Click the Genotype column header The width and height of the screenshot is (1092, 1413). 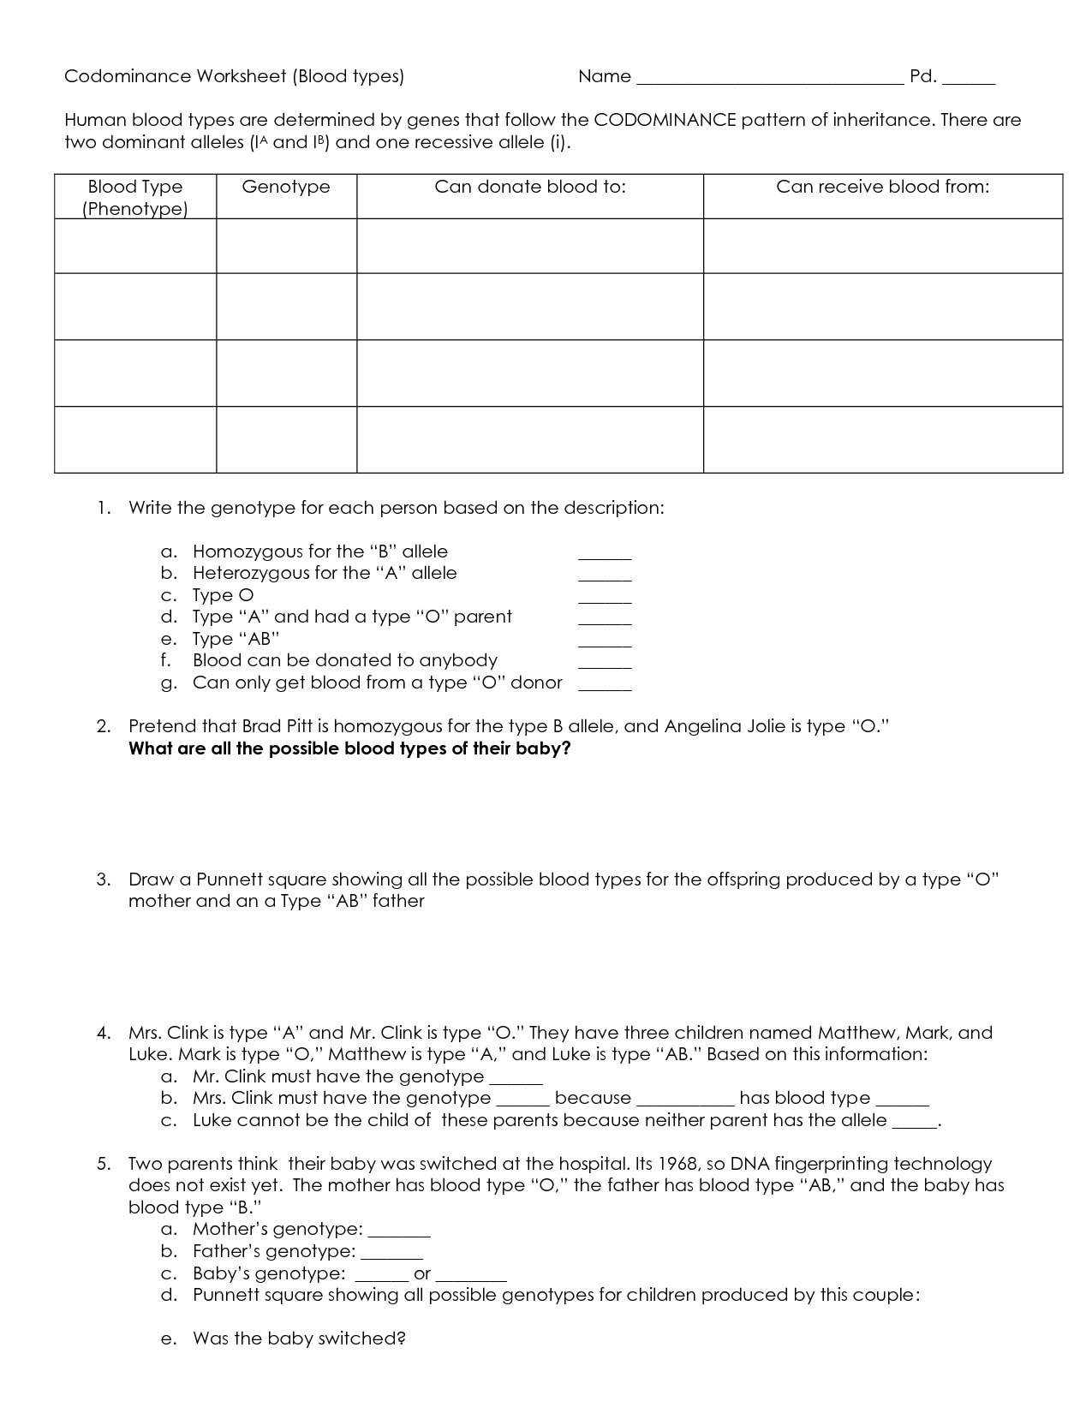286,187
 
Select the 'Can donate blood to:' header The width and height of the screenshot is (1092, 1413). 530,187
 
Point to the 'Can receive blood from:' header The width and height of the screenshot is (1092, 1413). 882,187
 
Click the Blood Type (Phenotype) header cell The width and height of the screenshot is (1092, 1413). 135,198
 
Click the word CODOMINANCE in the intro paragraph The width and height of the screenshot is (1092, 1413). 665,120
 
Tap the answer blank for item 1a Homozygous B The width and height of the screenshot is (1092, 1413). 605,555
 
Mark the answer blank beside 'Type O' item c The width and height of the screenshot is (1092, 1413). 605,599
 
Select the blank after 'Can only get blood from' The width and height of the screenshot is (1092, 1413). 605,686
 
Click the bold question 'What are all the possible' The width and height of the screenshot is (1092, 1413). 349,748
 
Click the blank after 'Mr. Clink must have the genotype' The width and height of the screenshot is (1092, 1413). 516,1080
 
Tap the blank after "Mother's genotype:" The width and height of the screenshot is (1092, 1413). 399,1233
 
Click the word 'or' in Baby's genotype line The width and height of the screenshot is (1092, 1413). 421,1274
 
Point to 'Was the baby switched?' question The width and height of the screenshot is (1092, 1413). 298,1338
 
